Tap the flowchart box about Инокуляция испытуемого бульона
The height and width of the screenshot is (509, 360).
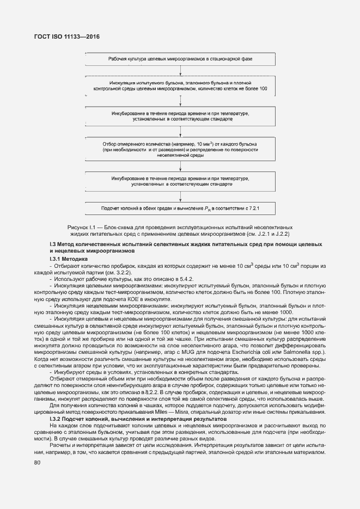[180, 85]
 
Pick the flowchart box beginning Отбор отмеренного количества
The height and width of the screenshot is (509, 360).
[180, 149]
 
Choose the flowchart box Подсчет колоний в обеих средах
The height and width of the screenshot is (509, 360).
[180, 208]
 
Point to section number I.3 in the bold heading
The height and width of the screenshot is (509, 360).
[53, 244]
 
